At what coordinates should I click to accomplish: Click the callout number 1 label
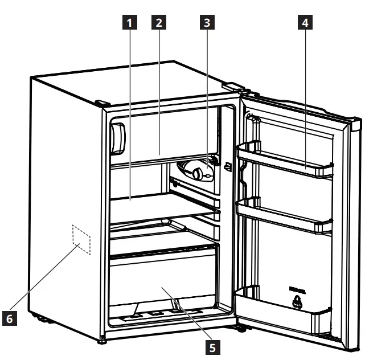tap(131, 23)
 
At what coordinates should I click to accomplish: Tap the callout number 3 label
tap(208, 23)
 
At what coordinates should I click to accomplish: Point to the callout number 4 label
tap(305, 23)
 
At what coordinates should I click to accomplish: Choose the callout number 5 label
tap(212, 345)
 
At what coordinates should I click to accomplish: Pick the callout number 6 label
tap(9, 319)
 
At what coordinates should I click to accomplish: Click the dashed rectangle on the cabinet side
tap(81, 238)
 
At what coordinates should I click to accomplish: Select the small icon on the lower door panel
tap(297, 302)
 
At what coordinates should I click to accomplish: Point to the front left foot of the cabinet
tap(101, 342)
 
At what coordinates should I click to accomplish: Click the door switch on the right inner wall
tap(227, 166)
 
